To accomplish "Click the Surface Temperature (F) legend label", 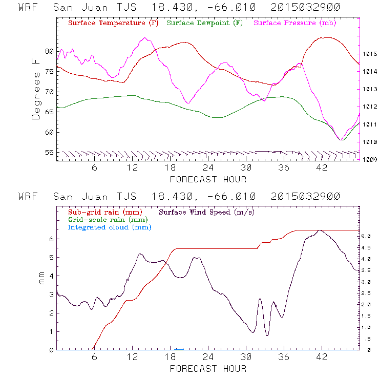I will pos(107,23).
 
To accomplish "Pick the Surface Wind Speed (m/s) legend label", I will pos(207,212).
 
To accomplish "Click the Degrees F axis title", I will pos(36,89).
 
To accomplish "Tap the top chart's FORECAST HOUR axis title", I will pos(208,179).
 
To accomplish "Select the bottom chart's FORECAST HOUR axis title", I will pos(208,368).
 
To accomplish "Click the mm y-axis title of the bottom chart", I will pos(42,279).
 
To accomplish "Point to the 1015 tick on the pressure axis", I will pos(370,54).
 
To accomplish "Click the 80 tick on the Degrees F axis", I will pos(49,51).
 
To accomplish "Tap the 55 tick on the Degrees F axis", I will pos(49,153).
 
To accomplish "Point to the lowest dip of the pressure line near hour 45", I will pos(341,139).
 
